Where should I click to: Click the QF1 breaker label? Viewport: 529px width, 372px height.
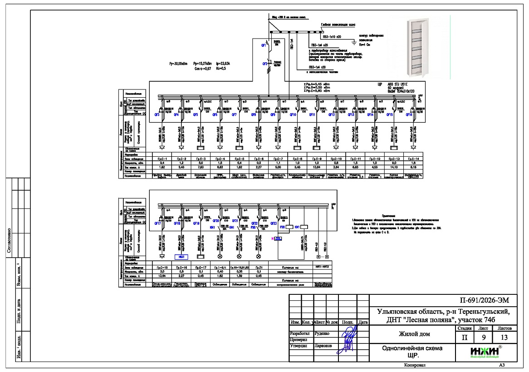(263, 45)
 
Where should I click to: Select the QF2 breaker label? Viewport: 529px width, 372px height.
(265, 64)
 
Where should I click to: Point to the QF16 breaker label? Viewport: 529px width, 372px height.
(409, 115)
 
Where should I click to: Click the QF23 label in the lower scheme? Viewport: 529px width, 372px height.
(273, 223)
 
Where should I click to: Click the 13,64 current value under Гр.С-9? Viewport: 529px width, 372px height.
(317, 168)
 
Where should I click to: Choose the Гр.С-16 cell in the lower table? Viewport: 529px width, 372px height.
(181, 268)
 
